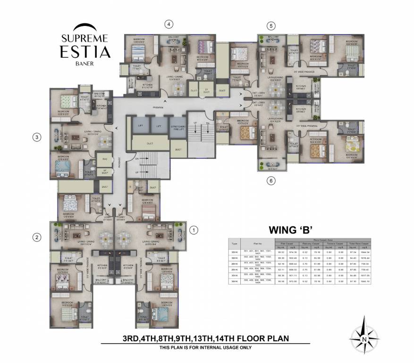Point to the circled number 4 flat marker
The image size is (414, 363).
[169, 24]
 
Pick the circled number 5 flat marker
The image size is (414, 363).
[270, 26]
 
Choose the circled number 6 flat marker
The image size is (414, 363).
[270, 180]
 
